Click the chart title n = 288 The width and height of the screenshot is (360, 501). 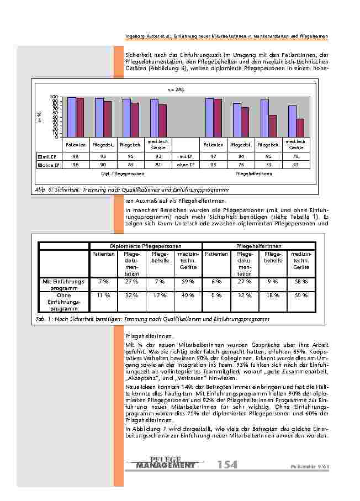pyautogui.click(x=176, y=89)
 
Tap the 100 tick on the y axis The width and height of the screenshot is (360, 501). pyautogui.click(x=54, y=97)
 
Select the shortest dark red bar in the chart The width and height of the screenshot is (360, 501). pyautogui.click(x=300, y=128)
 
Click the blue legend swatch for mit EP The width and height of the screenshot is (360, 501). pyautogui.click(x=40, y=156)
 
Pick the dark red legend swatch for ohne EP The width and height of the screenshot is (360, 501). pyautogui.click(x=40, y=164)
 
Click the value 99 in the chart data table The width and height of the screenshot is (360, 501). pyautogui.click(x=75, y=156)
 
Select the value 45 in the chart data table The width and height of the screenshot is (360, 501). pyautogui.click(x=296, y=164)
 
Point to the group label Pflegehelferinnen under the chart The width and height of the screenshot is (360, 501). pyautogui.click(x=253, y=173)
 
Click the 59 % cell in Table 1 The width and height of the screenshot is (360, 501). pyautogui.click(x=188, y=281)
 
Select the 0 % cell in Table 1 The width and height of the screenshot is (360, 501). pyautogui.click(x=216, y=295)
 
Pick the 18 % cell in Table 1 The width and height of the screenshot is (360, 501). pyautogui.click(x=273, y=295)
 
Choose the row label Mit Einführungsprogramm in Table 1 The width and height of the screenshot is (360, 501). pyautogui.click(x=64, y=284)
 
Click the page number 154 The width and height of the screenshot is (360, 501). pyautogui.click(x=227, y=465)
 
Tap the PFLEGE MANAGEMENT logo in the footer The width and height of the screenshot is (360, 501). pyautogui.click(x=165, y=463)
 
